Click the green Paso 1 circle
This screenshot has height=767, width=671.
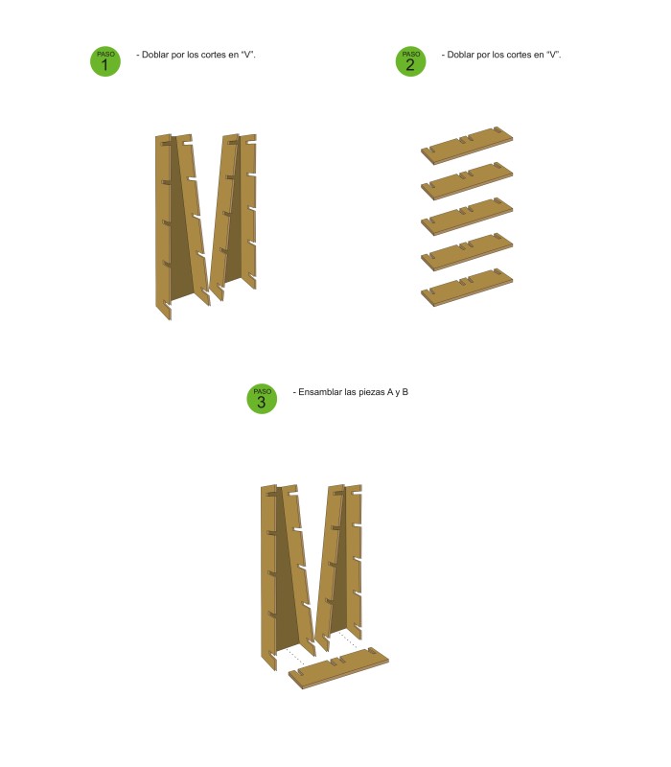click(105, 61)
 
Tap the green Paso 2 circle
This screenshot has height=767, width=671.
click(410, 61)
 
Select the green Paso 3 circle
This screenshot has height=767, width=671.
click(262, 399)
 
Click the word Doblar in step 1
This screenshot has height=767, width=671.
click(155, 55)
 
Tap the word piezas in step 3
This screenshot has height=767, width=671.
click(371, 392)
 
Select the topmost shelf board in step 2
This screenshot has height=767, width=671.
click(467, 146)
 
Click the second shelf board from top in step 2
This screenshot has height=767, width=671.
click(467, 181)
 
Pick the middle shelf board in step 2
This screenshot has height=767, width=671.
click(467, 217)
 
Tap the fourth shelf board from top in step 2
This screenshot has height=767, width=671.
click(467, 252)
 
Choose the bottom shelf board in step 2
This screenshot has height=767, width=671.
click(467, 287)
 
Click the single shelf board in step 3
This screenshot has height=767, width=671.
click(338, 667)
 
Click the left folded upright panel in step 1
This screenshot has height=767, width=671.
click(183, 225)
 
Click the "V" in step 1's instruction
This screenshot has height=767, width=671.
click(247, 55)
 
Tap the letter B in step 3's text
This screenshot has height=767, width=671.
click(405, 392)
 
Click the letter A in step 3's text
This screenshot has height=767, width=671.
click(390, 392)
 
